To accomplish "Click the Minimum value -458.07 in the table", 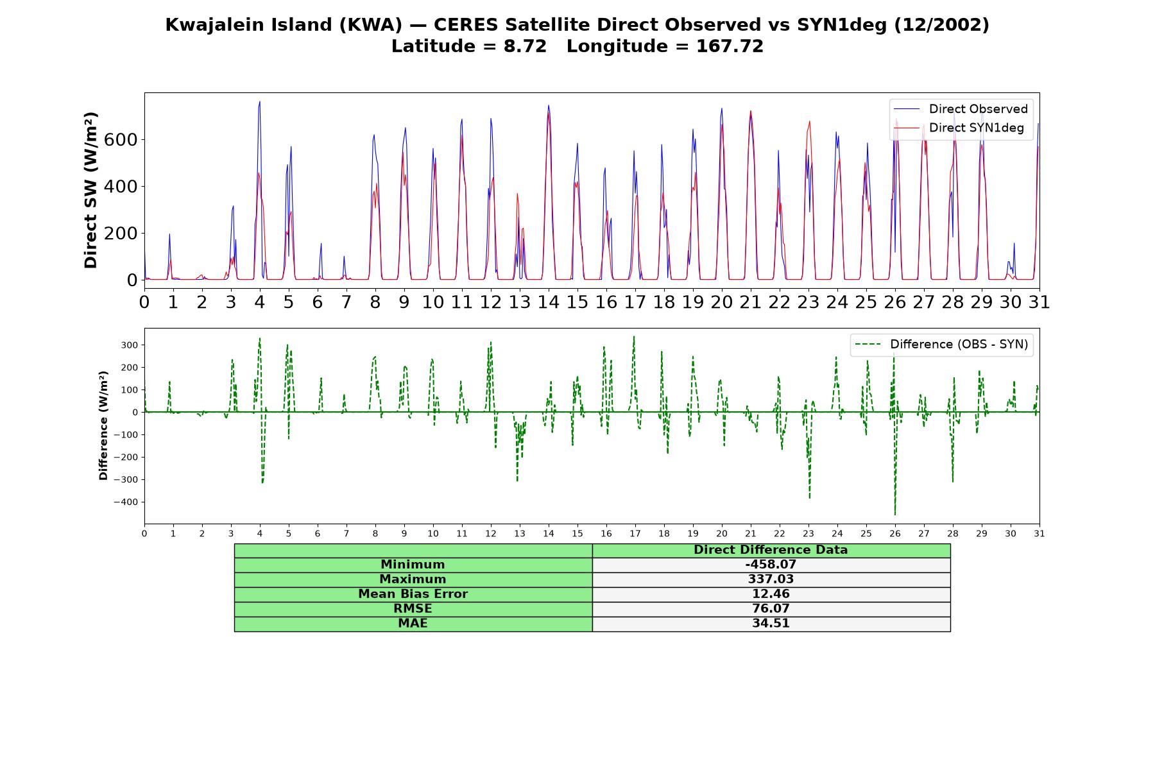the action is tap(771, 565).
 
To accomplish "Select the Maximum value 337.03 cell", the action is tap(771, 579).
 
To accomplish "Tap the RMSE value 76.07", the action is tap(771, 609).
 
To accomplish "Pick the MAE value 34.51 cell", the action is tap(771, 624).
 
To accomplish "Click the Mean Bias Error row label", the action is tap(413, 594).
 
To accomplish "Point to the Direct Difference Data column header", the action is tap(771, 550).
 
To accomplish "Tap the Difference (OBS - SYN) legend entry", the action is tap(941, 345).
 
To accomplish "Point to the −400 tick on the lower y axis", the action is tap(125, 502).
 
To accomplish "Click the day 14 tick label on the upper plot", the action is tap(549, 302).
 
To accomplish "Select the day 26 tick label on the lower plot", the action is tap(895, 533).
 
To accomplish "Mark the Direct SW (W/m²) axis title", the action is tap(90, 191).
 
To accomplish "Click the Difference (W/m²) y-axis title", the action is tap(103, 426).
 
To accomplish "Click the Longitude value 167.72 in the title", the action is tap(730, 46).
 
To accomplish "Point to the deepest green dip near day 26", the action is tap(895, 514).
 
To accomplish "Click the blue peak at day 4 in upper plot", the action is tap(260, 101).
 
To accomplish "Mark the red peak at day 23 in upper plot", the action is tap(810, 121).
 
